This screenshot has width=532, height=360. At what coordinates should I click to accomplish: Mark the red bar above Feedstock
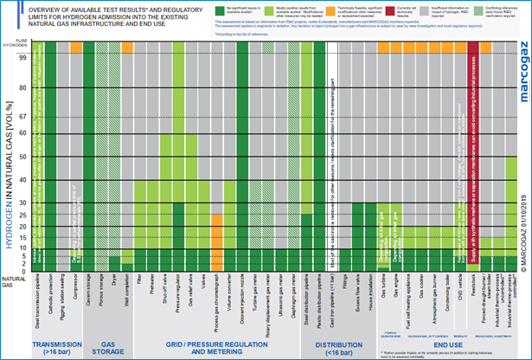coord(472,147)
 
